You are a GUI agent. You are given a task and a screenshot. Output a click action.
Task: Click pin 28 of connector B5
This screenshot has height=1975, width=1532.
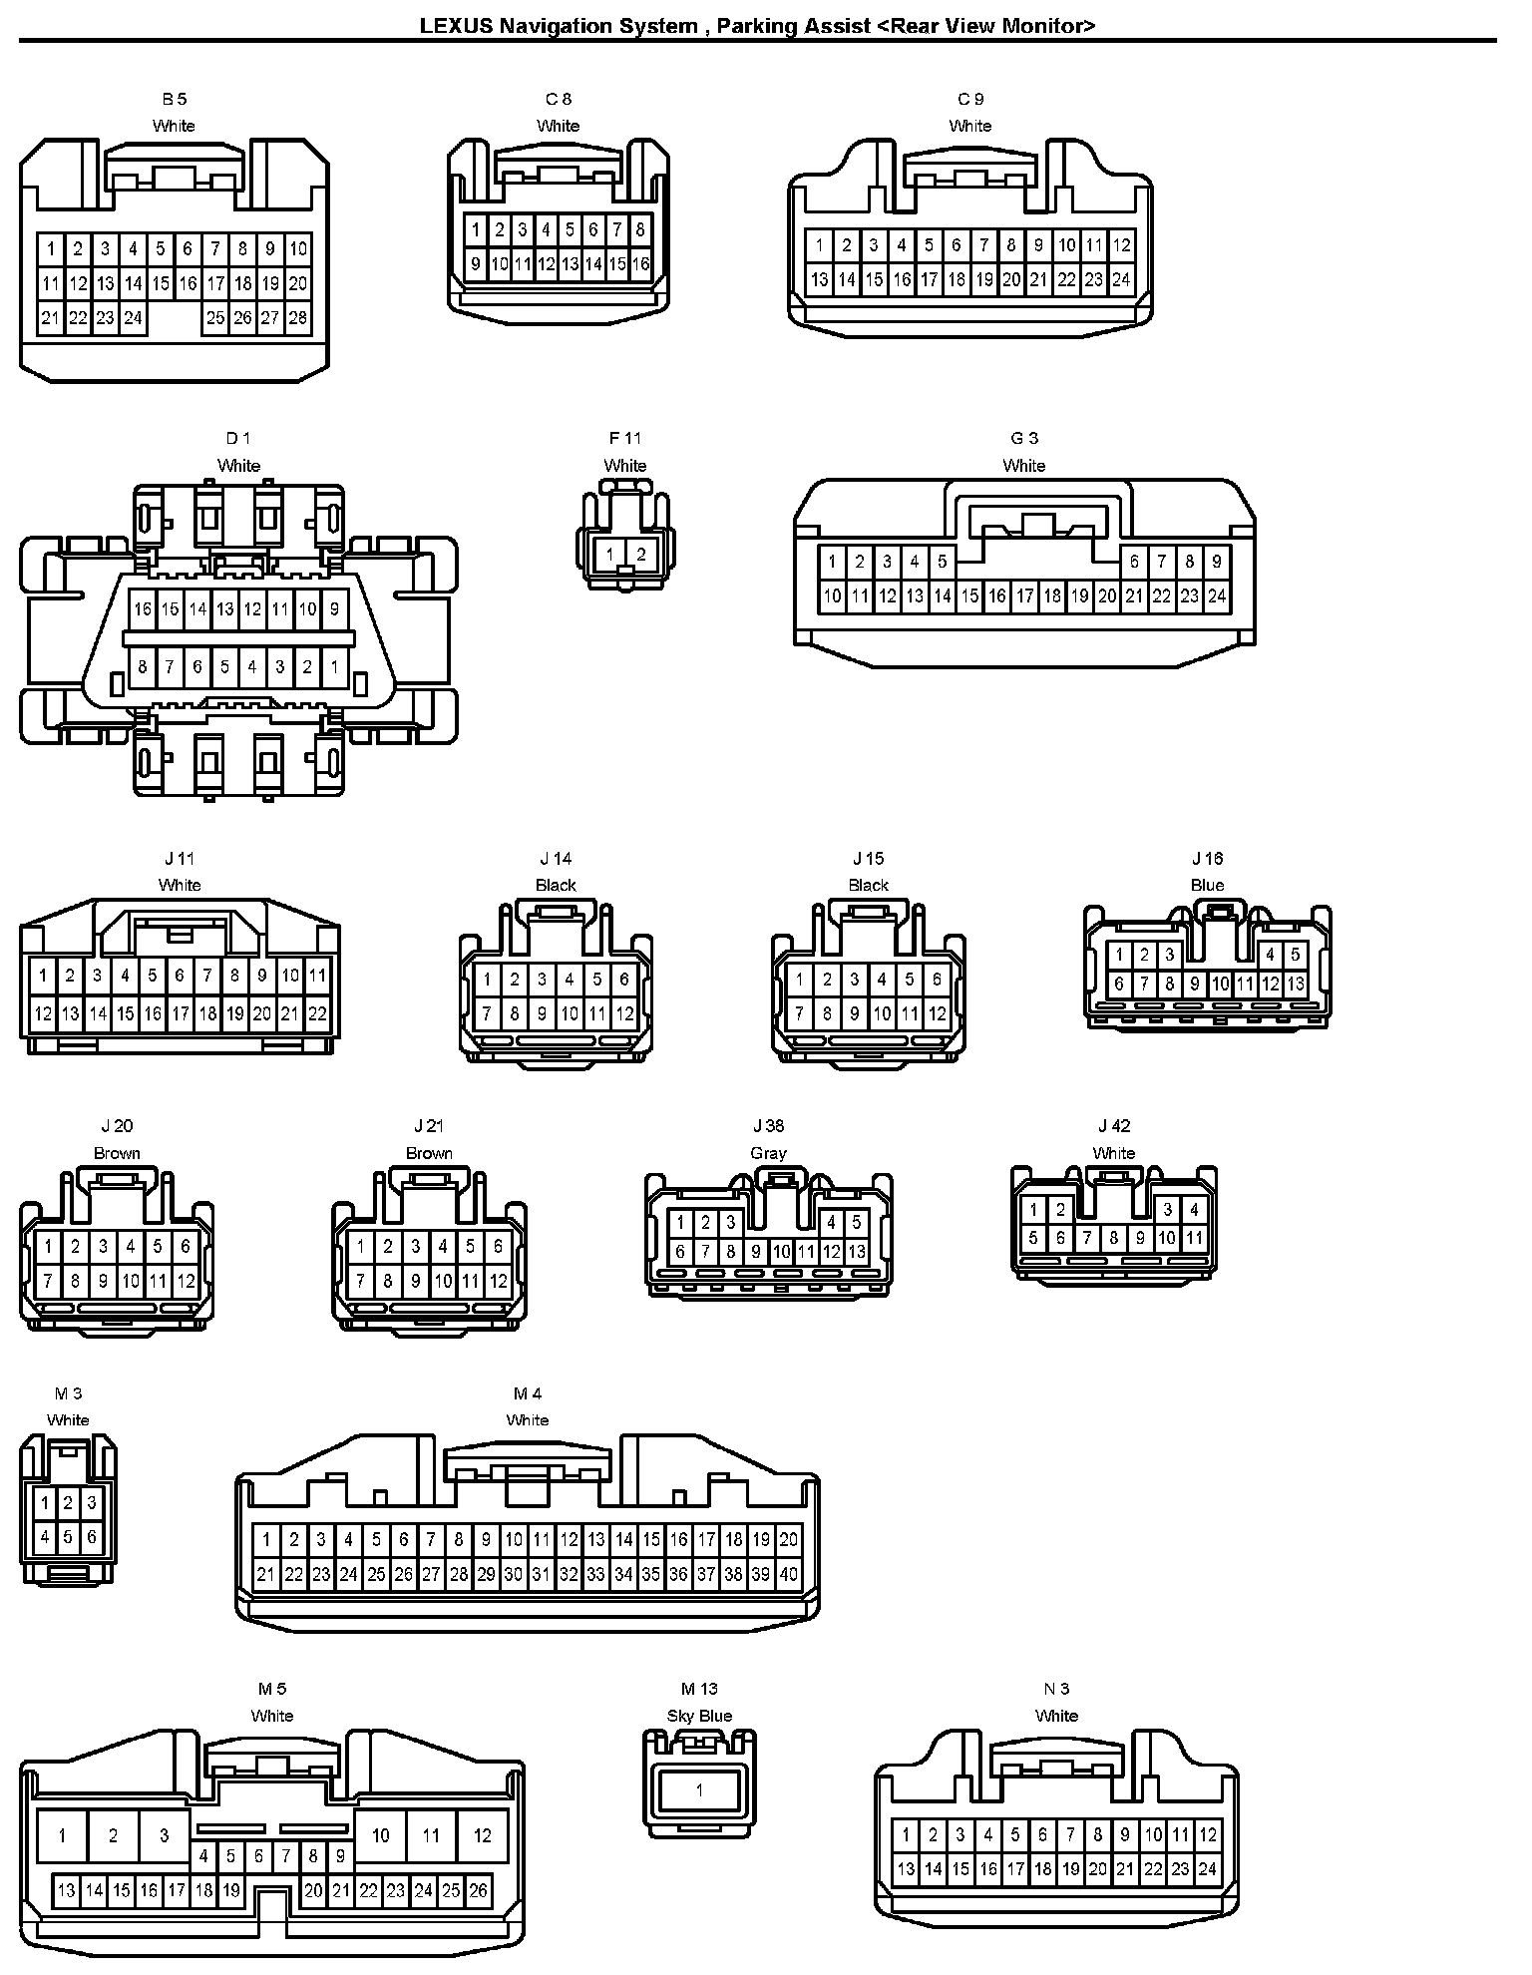[297, 319]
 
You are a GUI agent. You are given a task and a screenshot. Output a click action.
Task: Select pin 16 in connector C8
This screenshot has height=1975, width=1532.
[640, 264]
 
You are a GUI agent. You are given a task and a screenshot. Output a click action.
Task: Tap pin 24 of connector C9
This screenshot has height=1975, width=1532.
[1121, 280]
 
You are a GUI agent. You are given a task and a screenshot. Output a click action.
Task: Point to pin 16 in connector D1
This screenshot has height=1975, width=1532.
[143, 609]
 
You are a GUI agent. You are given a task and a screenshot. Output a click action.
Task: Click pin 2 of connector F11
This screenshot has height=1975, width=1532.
[640, 555]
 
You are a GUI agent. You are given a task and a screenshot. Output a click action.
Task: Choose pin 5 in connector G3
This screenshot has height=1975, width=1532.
[942, 562]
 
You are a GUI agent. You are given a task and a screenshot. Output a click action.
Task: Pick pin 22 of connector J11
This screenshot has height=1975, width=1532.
[317, 1013]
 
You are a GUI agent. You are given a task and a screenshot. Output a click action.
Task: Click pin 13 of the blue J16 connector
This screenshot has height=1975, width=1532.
[1295, 985]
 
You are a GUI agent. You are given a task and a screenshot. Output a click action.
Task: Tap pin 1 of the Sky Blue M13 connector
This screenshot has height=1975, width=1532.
[699, 1790]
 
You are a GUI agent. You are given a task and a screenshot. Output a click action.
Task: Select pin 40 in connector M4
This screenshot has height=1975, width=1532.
[788, 1575]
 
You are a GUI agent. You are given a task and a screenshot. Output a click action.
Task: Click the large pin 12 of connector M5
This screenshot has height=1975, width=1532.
[483, 1835]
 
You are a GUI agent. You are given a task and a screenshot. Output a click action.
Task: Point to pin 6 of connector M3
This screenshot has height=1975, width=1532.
[91, 1537]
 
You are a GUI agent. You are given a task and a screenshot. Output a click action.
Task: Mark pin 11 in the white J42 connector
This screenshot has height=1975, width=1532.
[1194, 1239]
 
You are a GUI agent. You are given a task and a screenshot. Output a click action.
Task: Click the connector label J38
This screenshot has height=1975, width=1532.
[768, 1126]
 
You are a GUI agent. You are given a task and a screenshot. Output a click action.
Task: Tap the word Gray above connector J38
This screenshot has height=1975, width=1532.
[768, 1153]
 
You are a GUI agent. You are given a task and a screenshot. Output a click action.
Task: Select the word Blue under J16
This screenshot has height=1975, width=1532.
[1207, 885]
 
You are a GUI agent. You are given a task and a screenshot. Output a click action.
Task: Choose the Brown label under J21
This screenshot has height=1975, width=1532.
[429, 1153]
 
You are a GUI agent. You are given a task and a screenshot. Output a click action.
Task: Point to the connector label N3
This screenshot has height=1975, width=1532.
[1056, 1689]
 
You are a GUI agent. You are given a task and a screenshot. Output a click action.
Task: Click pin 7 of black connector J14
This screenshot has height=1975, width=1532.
[487, 1014]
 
